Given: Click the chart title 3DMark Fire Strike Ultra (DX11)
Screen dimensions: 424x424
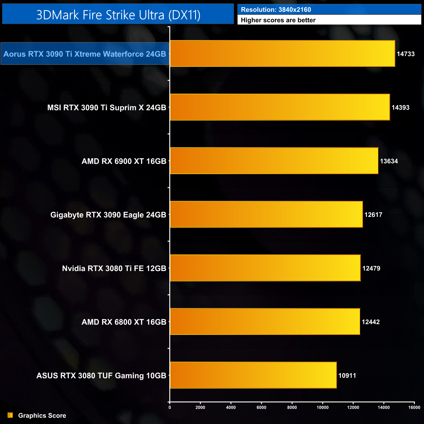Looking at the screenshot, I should pos(118,15).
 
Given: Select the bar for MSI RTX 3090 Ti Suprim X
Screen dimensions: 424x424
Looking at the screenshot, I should pos(280,107).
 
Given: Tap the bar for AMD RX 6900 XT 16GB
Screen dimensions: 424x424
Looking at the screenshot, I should pos(274,161).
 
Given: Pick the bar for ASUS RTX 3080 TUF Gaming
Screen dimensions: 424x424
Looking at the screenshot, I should pos(253,375).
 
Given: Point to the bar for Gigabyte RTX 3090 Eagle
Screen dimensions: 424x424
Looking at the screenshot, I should pos(266,214).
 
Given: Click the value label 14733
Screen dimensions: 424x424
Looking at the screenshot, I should pos(405,54).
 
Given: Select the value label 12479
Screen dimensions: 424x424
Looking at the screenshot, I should pos(371,268).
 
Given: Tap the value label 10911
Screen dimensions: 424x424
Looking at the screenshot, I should pos(347,376).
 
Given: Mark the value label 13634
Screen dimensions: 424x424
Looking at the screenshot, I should pos(389,161).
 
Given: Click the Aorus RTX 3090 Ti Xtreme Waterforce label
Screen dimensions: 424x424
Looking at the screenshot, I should pos(85,54).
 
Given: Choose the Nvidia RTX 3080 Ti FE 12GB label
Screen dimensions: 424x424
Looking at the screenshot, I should pos(114,268).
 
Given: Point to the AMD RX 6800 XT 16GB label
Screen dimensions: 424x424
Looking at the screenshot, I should pos(124,322).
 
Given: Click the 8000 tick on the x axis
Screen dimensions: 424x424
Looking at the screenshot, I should pos(292,407).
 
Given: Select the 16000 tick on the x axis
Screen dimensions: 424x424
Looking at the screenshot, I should pos(414,407).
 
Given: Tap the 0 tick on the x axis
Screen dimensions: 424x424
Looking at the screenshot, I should pos(170,407).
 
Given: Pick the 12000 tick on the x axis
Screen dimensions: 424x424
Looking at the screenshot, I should pos(353,407).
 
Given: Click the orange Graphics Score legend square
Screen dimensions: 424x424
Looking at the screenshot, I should pos(10,415).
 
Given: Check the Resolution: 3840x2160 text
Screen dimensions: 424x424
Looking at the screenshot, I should pos(276,10).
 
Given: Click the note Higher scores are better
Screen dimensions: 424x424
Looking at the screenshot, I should pos(278,20).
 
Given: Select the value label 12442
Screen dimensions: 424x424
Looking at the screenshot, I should pos(371,322).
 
